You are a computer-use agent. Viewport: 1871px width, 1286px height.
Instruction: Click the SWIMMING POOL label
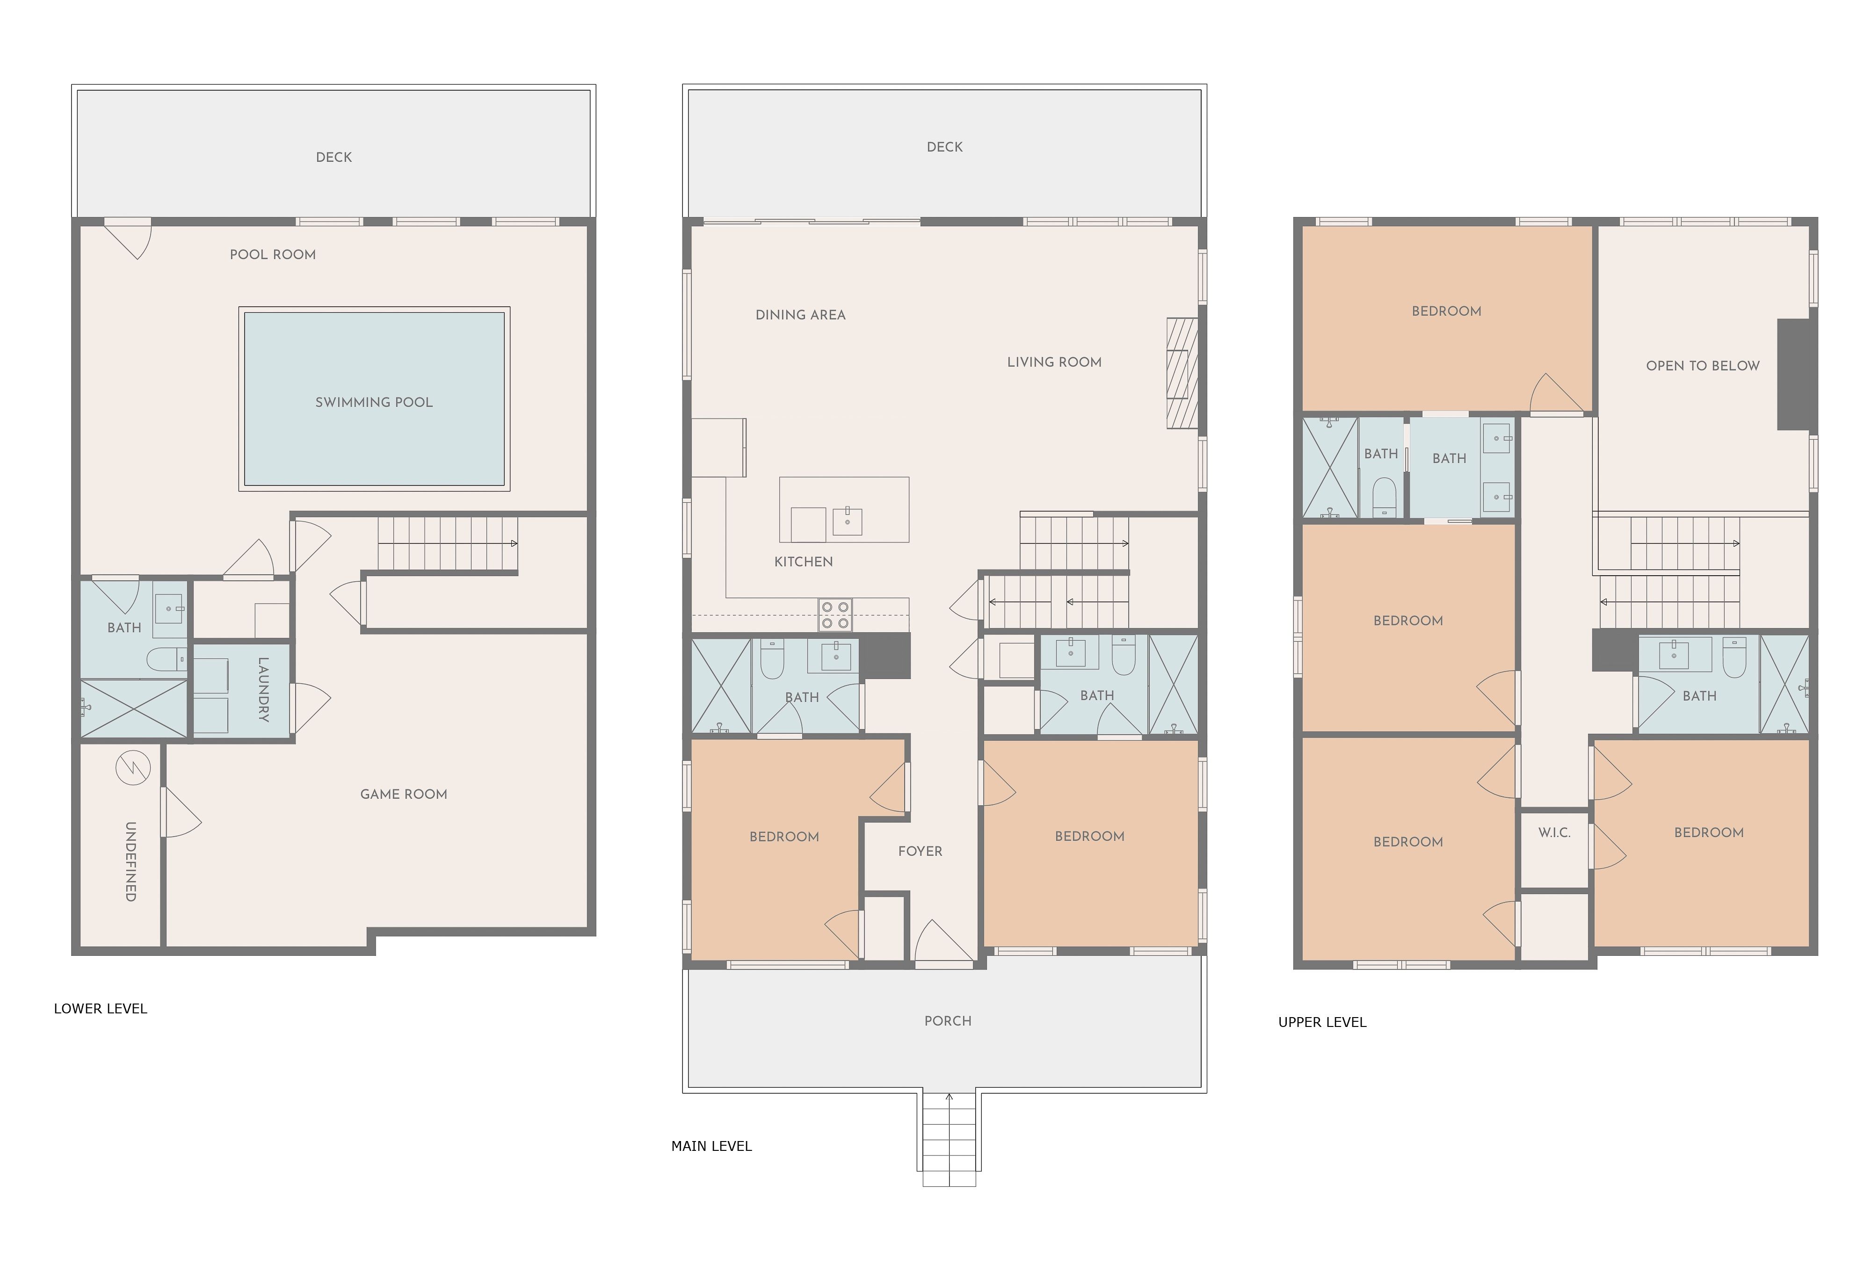click(x=374, y=402)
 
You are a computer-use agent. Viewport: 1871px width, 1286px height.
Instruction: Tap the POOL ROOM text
click(x=272, y=254)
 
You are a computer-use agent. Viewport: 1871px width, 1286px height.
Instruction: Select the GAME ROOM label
click(x=404, y=795)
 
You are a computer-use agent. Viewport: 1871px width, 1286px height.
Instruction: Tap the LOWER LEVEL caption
click(x=101, y=1009)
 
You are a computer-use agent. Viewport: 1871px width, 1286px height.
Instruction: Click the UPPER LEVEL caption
click(x=1322, y=1023)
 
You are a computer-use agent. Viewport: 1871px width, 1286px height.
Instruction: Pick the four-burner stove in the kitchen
click(x=835, y=615)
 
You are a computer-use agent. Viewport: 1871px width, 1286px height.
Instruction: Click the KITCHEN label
click(x=803, y=562)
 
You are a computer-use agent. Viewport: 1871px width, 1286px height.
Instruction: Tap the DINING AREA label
click(x=800, y=315)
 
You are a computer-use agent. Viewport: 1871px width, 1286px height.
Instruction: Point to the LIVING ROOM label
click(x=1054, y=362)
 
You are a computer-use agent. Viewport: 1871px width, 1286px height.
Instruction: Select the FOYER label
click(x=920, y=851)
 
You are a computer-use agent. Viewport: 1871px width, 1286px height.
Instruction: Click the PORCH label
click(x=948, y=1021)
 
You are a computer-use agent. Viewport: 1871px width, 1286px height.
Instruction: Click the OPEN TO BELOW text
click(x=1703, y=366)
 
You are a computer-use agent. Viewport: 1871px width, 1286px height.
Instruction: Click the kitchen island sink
click(x=848, y=521)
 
